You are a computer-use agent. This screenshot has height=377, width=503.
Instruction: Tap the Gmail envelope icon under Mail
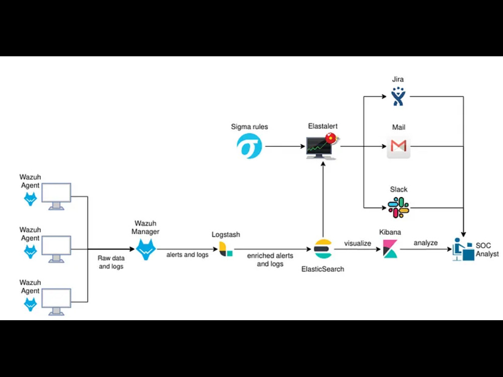click(x=398, y=146)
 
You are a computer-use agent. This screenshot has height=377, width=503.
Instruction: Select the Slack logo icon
click(x=398, y=207)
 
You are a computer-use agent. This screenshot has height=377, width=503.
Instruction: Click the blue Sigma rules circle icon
click(x=249, y=146)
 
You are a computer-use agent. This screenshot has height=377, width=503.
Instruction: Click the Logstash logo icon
click(x=226, y=249)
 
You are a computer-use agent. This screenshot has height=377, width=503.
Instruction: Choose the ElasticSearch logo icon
click(x=322, y=249)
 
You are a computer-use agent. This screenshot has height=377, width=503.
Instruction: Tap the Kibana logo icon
click(x=390, y=249)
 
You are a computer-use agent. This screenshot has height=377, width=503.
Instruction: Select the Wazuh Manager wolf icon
click(x=146, y=249)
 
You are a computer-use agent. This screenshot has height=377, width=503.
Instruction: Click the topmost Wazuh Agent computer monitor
click(x=56, y=196)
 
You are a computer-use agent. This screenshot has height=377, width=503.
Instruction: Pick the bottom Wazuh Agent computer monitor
click(x=56, y=301)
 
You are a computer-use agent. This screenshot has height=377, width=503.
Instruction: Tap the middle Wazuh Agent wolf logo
click(x=31, y=250)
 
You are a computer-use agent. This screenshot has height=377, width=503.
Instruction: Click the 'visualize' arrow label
click(x=358, y=243)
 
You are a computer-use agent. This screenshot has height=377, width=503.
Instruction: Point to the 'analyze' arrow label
click(x=426, y=243)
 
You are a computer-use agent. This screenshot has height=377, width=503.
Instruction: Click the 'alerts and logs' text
click(x=187, y=255)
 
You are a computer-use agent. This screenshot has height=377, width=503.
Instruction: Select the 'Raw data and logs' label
click(x=111, y=262)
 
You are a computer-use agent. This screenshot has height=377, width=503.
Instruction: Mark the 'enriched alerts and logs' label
click(x=270, y=260)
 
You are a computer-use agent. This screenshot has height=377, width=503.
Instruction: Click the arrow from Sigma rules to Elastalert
click(x=285, y=147)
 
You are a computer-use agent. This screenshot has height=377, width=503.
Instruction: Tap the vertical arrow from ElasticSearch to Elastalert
click(x=322, y=199)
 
